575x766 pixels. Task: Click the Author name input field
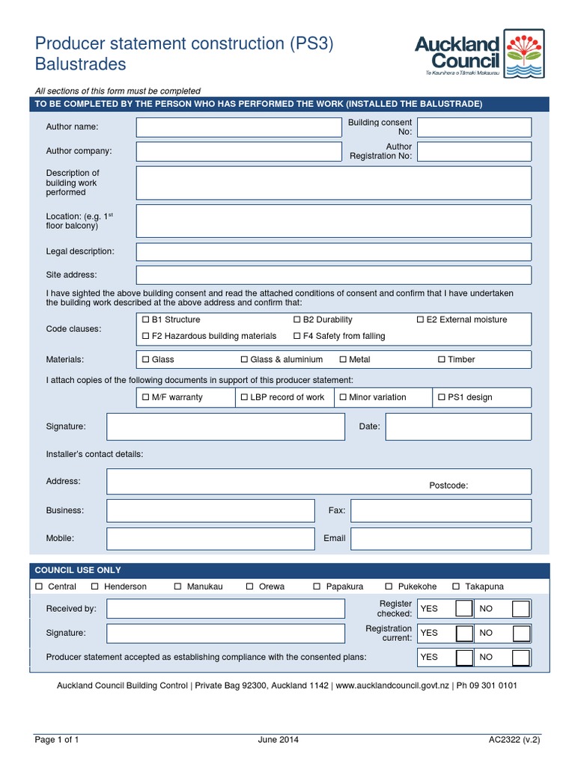tap(238, 128)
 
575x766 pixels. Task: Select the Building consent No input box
tap(474, 127)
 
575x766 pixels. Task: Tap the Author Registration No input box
tap(474, 152)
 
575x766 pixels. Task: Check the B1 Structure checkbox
tap(146, 319)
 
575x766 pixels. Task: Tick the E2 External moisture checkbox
tap(421, 319)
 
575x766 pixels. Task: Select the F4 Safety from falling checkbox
tap(297, 336)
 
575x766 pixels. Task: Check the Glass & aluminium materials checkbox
tap(245, 360)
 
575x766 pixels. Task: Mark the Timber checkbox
tap(442, 360)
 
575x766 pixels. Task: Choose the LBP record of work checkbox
tap(244, 397)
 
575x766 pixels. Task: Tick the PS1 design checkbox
tap(442, 397)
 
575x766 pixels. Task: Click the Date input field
tap(458, 426)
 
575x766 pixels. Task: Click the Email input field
tap(440, 539)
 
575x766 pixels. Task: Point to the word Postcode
tap(448, 485)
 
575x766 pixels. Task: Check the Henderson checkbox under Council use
tap(95, 586)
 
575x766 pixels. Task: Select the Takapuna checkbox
tap(456, 586)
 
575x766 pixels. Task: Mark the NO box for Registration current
tap(522, 634)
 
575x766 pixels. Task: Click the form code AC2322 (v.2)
tap(514, 740)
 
